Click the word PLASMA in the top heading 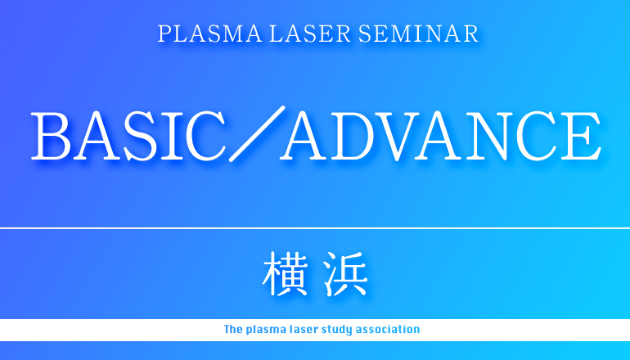[x=209, y=34]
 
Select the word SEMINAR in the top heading [x=418, y=34]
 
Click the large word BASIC [x=128, y=136]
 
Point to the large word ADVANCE [x=441, y=136]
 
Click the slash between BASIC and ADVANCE [x=257, y=134]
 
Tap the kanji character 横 [x=286, y=273]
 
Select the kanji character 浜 [x=345, y=273]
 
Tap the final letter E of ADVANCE [x=582, y=136]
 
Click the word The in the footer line [x=233, y=330]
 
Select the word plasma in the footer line [x=266, y=331]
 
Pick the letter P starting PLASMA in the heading [x=164, y=34]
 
